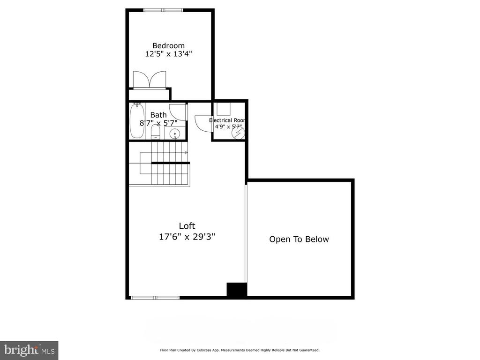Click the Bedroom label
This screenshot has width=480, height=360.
pos(168,45)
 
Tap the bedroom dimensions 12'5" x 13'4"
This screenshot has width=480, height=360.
pos(168,54)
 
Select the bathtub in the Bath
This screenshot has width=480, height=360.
pos(137,121)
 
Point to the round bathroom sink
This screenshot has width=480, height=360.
pos(175,134)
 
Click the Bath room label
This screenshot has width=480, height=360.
pos(158,115)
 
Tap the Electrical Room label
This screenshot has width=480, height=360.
pos(227,120)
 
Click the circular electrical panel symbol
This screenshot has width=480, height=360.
pos(238,133)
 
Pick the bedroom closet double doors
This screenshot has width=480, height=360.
pos(150,80)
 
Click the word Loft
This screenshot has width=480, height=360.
pos(187,226)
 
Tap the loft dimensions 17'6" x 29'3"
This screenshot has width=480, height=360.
pos(187,237)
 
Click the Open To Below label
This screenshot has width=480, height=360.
pos(299,239)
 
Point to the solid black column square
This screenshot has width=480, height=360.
pos(237,290)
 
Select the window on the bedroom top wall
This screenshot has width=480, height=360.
pos(163,10)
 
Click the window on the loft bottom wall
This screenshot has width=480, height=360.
pos(155,298)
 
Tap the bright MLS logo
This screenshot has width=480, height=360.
pos(29,350)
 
